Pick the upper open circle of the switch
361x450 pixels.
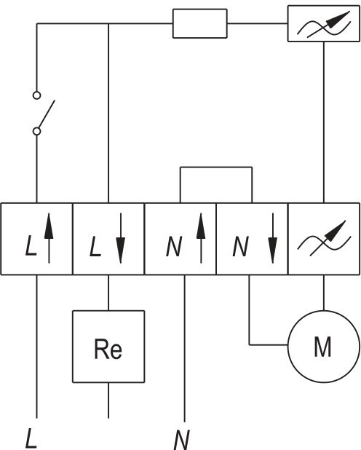point(36,95)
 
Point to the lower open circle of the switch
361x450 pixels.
point(36,131)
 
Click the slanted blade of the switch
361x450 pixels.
point(47,114)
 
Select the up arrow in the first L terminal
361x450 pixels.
point(49,238)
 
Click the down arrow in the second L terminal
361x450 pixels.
point(121,238)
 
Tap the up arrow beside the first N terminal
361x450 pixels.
point(201,238)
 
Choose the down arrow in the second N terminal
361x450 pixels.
point(273,238)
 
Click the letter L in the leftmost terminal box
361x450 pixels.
point(31,245)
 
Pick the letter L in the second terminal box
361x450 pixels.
point(95,246)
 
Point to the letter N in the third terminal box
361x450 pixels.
point(174,246)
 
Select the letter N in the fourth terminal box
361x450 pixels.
point(240,246)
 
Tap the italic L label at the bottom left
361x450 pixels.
point(31,438)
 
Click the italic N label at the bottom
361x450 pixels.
point(182,440)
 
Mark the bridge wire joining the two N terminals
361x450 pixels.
point(216,167)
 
